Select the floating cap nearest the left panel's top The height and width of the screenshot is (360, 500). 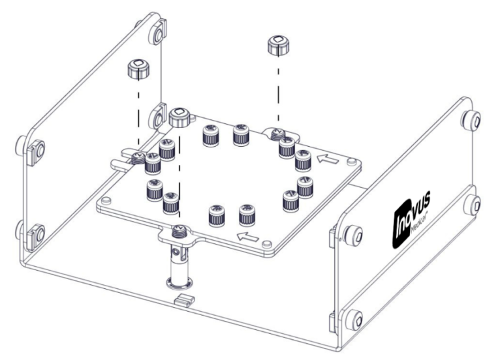pos(138,68)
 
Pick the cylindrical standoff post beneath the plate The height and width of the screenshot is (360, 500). pos(177,261)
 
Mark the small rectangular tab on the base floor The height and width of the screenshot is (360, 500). pos(185,301)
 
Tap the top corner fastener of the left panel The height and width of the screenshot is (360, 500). pos(157,33)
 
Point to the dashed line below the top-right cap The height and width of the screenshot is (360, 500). pos(279,91)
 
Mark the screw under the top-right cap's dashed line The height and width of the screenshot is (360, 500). pos(277,134)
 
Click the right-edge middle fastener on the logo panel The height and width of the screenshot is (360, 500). pos(471,203)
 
